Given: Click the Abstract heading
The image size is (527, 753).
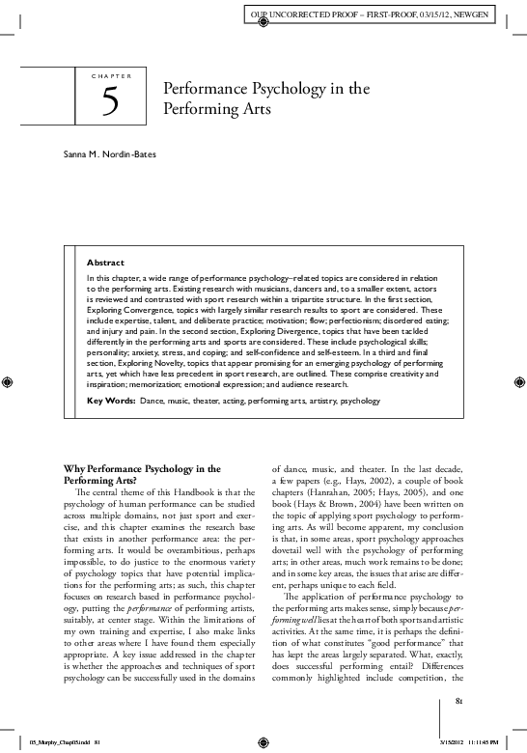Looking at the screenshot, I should [x=105, y=263].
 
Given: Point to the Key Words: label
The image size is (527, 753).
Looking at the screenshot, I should [x=111, y=399].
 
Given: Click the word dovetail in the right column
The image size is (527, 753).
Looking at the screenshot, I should [x=289, y=556].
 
